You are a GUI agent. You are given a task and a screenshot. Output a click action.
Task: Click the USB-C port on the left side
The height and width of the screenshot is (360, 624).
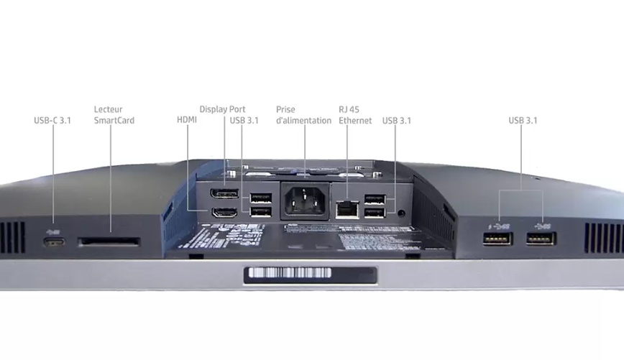[x=54, y=241]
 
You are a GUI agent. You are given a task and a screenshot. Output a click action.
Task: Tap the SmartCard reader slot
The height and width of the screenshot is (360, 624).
[x=109, y=243]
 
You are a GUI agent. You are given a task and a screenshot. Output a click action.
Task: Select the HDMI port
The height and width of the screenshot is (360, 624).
[x=224, y=213]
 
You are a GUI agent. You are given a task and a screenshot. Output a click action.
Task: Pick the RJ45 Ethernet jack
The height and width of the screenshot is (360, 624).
[x=347, y=208]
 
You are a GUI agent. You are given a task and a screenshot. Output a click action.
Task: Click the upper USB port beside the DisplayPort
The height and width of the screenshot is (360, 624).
[x=260, y=198]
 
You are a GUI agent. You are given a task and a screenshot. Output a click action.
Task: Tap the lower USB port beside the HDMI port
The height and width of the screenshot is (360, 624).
[x=260, y=212]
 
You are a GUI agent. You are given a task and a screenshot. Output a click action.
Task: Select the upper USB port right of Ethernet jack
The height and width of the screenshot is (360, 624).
[x=375, y=199]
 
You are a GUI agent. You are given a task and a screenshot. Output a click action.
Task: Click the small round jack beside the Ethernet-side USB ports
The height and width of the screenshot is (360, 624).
[x=400, y=213]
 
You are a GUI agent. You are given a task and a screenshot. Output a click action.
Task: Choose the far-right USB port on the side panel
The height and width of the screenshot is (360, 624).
[x=540, y=238]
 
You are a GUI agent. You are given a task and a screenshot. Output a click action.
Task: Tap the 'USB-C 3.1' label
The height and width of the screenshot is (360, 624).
[x=52, y=121]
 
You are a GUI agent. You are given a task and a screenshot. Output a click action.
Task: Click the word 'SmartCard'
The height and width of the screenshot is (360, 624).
[x=114, y=121]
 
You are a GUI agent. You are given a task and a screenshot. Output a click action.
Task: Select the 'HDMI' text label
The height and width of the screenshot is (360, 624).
[x=186, y=121]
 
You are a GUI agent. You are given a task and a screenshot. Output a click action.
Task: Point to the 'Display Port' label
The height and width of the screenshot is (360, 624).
[x=222, y=109]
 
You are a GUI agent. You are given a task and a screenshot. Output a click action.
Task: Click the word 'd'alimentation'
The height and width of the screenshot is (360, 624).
[x=303, y=121]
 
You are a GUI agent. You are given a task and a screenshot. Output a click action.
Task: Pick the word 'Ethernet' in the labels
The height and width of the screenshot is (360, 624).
[x=355, y=121]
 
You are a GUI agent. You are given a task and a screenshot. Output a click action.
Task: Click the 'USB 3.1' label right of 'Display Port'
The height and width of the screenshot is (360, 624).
[x=244, y=121]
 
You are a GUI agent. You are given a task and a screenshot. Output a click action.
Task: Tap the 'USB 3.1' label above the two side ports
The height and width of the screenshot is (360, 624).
[x=523, y=121]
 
